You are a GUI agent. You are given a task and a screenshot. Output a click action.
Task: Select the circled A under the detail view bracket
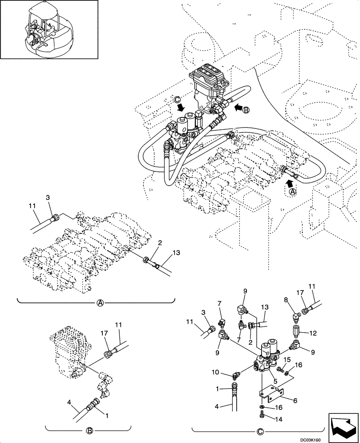click(x=100, y=303)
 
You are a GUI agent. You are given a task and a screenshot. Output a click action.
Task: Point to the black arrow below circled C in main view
click(x=180, y=108)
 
